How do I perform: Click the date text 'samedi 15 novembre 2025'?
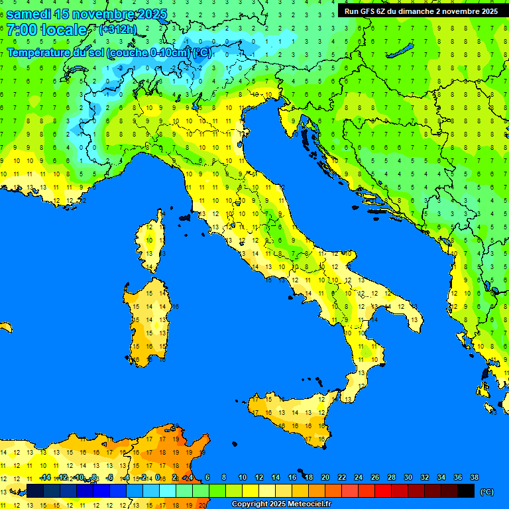[86, 14]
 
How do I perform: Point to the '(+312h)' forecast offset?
[117, 30]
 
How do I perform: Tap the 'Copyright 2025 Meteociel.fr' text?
[281, 504]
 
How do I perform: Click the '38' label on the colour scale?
[474, 477]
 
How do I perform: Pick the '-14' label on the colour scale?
[45, 477]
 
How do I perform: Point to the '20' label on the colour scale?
[325, 477]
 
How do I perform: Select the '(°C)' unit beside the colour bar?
[487, 492]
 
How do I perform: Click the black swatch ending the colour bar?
[466, 491]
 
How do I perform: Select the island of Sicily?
[292, 418]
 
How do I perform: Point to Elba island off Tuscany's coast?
[186, 217]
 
